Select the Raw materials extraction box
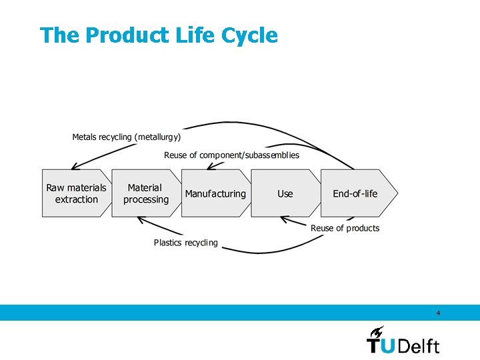(76, 193)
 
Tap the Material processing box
(145, 193)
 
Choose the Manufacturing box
(215, 193)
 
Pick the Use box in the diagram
(285, 193)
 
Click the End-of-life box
(355, 193)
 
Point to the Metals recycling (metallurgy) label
(126, 137)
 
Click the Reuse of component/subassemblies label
(231, 155)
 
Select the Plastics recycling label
(185, 243)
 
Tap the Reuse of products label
(345, 228)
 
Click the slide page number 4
(438, 313)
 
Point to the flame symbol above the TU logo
(377, 331)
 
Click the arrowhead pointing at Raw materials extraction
(74, 167)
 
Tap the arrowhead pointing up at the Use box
(283, 219)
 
